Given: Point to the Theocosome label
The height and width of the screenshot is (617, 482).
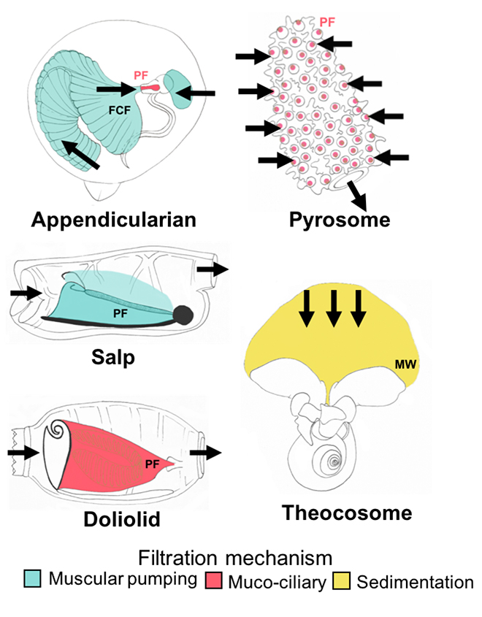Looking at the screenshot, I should [347, 513].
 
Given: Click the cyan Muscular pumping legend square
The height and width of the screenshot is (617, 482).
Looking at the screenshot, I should [31, 582].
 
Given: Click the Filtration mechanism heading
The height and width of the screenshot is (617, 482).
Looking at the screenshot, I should [240, 559].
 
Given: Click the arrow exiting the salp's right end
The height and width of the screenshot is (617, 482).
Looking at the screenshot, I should [214, 269].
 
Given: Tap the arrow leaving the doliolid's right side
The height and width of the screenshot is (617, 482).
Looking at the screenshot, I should [206, 453].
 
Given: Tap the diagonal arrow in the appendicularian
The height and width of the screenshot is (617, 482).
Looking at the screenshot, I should [79, 153].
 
